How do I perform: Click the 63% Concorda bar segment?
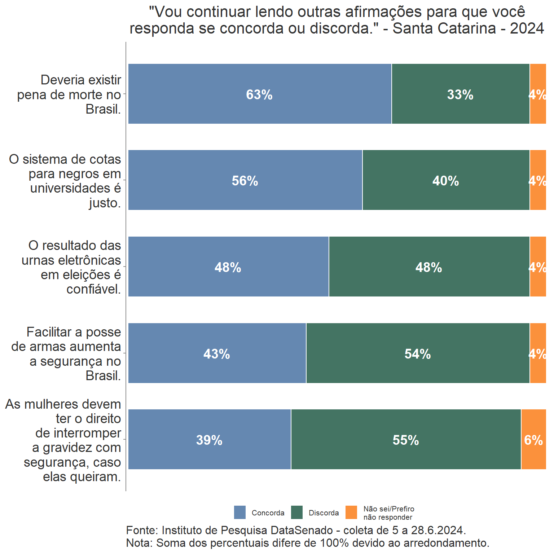click(260, 94)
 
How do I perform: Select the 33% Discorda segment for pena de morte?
click(460, 94)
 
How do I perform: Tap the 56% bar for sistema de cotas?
click(245, 180)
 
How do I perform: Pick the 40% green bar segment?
click(446, 180)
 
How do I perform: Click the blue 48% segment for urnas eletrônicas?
click(228, 267)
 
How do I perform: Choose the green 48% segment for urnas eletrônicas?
click(429, 267)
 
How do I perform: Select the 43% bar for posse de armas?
click(217, 353)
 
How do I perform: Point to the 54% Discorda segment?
click(418, 353)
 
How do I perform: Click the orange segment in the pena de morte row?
click(538, 94)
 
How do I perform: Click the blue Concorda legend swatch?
click(240, 512)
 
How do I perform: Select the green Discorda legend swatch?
click(297, 512)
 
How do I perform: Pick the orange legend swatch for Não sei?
click(351, 512)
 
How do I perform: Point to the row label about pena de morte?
click(69, 94)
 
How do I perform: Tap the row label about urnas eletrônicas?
click(71, 267)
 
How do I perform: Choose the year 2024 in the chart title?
click(527, 28)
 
